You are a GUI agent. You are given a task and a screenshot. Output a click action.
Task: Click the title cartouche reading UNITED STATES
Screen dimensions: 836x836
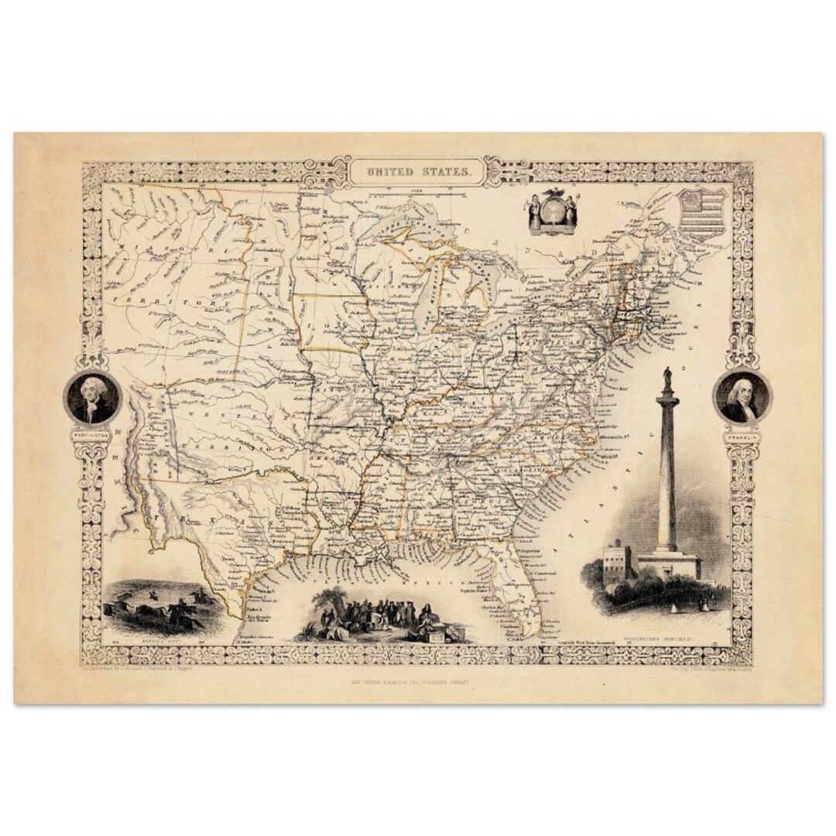pyautogui.click(x=418, y=170)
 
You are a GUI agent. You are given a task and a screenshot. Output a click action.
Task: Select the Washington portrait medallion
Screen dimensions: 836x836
pyautogui.click(x=91, y=396)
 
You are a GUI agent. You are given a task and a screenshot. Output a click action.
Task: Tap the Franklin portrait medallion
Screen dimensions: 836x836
pyautogui.click(x=742, y=396)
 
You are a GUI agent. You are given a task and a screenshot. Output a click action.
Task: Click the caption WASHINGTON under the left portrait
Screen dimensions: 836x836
pyautogui.click(x=91, y=433)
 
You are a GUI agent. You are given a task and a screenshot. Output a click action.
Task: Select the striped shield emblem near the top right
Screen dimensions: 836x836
pyautogui.click(x=701, y=214)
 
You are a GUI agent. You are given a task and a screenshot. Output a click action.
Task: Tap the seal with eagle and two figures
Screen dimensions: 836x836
pyautogui.click(x=552, y=210)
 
